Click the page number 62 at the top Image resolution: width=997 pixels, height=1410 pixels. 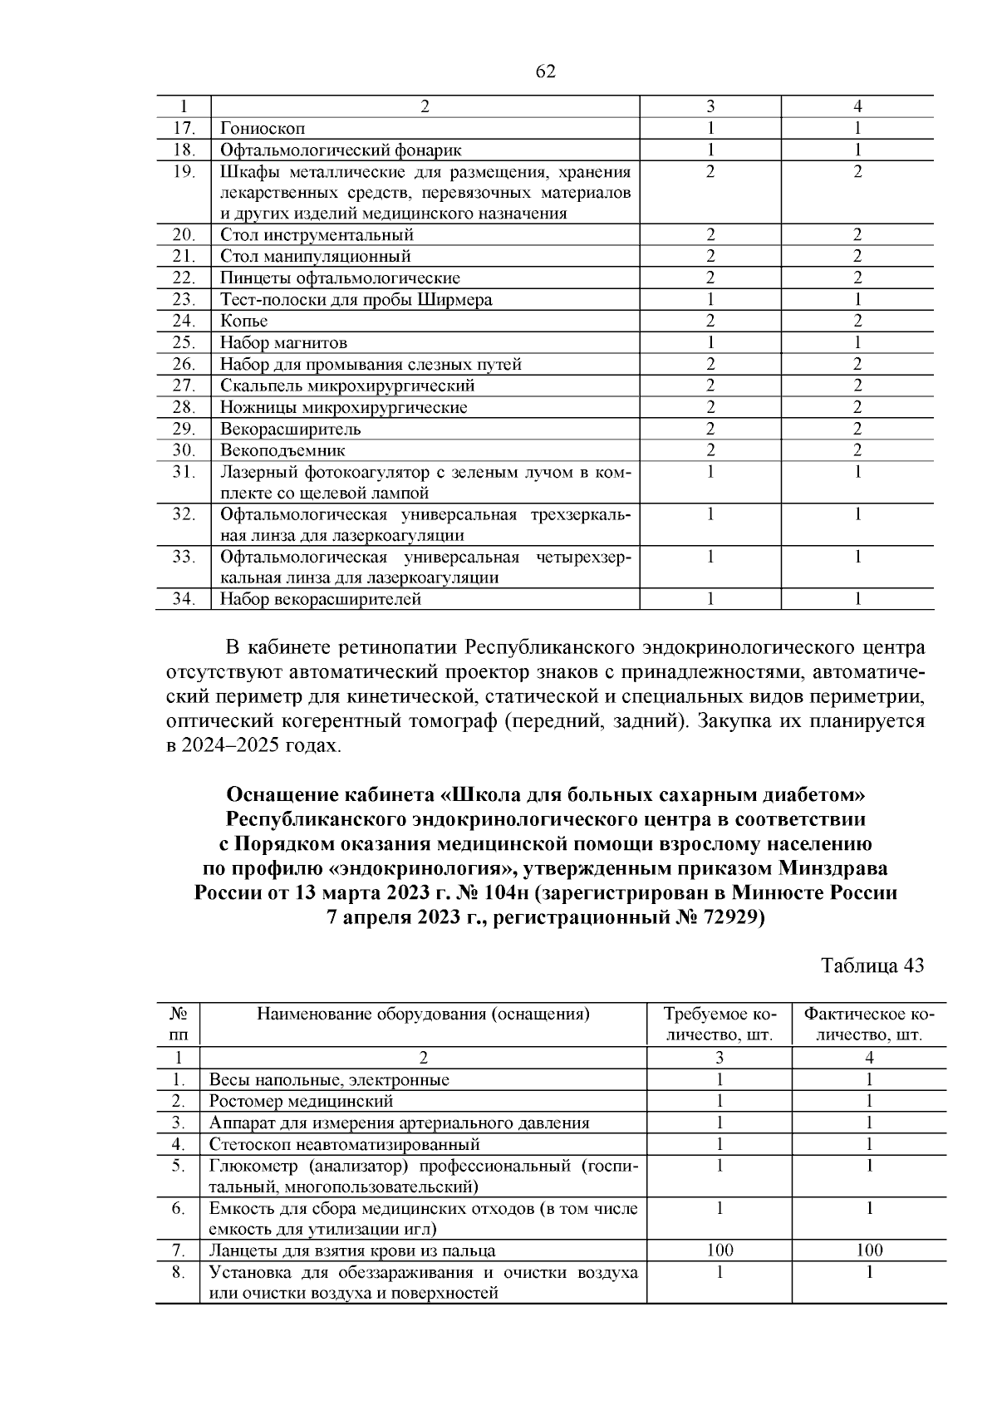[x=545, y=71]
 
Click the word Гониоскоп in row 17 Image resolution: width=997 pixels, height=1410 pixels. [x=263, y=128]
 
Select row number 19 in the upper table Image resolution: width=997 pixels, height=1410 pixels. [x=184, y=171]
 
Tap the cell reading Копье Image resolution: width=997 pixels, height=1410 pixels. [x=244, y=321]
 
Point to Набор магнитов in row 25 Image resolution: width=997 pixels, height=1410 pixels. [x=283, y=342]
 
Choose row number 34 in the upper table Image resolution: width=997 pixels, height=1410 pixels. [x=184, y=598]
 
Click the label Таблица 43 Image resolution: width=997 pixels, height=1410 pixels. [x=872, y=965]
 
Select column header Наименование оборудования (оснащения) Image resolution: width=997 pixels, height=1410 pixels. [x=423, y=1014]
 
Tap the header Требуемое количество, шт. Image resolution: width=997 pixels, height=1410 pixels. [x=719, y=1024]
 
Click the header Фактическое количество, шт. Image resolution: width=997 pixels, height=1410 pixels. [x=868, y=1024]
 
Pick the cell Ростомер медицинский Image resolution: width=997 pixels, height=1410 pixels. [x=301, y=1101]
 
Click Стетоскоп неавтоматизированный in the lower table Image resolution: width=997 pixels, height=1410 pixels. [x=344, y=1144]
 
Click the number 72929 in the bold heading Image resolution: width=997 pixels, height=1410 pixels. [x=725, y=919]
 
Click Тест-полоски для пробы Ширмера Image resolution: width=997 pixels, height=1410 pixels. [x=356, y=299]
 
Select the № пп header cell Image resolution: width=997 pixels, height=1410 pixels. [x=179, y=1024]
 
